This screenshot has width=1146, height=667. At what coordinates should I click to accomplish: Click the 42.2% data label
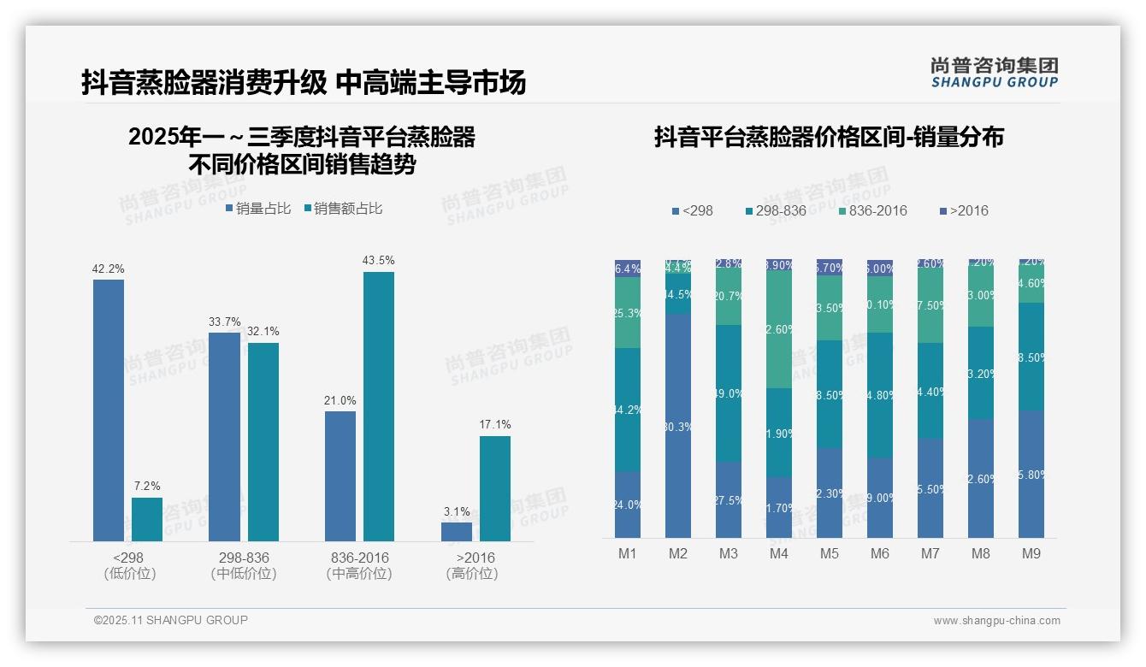109,269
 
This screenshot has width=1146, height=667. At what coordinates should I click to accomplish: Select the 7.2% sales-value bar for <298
147,519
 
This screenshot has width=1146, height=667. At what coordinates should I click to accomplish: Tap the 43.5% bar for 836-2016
379,406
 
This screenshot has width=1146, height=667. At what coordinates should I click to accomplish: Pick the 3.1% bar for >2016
457,531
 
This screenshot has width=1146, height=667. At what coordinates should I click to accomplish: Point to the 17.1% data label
495,424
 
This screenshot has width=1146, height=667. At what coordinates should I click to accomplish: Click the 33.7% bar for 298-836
224,436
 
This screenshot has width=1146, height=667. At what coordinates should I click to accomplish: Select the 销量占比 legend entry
258,209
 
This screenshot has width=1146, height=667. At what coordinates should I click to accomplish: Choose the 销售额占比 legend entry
343,209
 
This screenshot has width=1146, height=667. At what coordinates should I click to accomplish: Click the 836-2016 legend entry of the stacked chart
872,210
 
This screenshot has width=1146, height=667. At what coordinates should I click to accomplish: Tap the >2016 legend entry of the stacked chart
964,210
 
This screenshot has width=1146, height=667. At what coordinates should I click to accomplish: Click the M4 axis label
779,553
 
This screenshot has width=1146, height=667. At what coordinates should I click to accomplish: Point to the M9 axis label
1031,553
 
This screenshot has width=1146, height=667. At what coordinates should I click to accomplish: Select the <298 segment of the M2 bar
678,425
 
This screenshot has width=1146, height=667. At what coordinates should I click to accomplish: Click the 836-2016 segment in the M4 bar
779,329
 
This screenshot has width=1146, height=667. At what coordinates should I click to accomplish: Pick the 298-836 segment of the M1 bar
628,410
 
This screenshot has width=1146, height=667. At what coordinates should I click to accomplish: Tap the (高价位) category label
472,574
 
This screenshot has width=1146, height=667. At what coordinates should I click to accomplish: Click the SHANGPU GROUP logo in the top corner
995,73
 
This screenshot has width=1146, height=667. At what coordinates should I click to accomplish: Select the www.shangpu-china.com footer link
996,621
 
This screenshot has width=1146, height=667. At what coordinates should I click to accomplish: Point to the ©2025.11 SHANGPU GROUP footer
171,620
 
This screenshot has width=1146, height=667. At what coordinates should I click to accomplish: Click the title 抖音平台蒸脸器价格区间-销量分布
829,137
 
